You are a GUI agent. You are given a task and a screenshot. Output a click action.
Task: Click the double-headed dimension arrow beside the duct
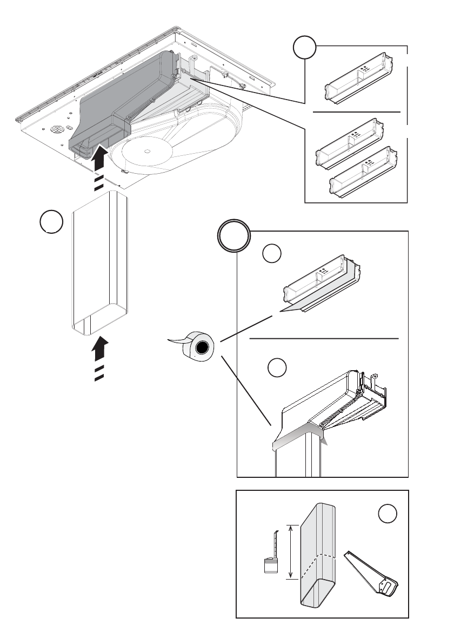pyautogui.click(x=292, y=552)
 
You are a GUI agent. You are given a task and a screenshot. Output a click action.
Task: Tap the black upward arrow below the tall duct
pyautogui.click(x=99, y=349)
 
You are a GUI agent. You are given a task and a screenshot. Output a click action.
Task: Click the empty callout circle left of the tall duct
pyautogui.click(x=52, y=222)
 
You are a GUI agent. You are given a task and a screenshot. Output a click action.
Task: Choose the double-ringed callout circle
pyautogui.click(x=234, y=237)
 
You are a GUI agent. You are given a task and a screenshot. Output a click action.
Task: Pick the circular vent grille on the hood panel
pyautogui.click(x=55, y=130)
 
